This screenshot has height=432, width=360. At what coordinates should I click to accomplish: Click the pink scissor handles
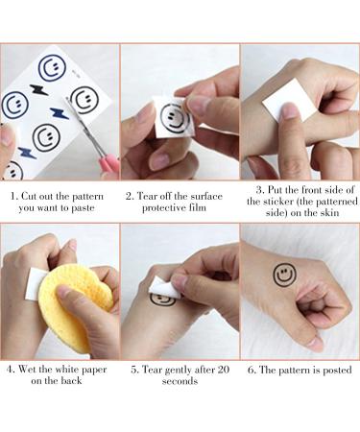coord(109,165)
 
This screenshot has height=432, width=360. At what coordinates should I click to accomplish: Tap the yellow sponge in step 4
coord(75,307)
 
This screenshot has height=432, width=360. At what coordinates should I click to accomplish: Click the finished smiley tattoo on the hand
coord(284,275)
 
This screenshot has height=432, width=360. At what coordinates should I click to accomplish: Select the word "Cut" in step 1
coord(28,196)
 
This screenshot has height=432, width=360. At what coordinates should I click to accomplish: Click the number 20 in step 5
coord(223,370)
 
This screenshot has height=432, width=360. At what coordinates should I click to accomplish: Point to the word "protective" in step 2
coord(162,208)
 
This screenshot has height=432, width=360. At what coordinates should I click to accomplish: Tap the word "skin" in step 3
coord(328,213)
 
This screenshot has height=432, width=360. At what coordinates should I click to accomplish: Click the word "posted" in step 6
coord(337,371)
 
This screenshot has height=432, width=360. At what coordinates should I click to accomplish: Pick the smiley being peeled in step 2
coord(175,119)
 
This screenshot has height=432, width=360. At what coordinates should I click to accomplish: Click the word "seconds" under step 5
coord(180,381)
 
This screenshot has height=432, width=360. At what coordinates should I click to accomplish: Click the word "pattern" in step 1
coord(87,197)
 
